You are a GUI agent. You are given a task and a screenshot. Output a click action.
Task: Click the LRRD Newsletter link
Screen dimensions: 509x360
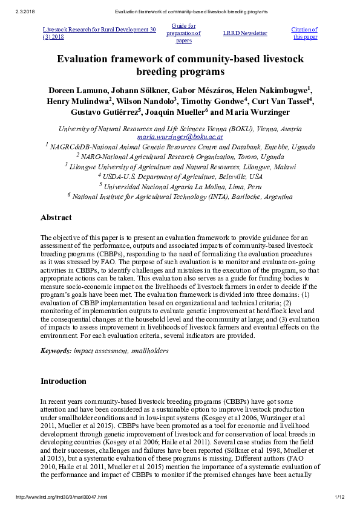244,33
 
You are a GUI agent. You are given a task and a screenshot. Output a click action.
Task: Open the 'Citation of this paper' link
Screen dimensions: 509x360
304,33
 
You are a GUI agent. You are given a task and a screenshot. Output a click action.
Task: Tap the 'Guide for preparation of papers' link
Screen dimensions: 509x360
183,33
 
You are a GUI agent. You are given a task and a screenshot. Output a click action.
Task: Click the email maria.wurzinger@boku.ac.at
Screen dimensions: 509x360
180,137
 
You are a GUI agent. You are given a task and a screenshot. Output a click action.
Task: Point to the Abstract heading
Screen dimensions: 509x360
56,218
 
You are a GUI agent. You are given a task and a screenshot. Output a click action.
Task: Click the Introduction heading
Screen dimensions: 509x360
63,381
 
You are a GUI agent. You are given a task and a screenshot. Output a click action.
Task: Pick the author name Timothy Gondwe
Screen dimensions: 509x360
214,101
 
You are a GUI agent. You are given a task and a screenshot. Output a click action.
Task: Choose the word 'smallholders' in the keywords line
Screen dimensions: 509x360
149,351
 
